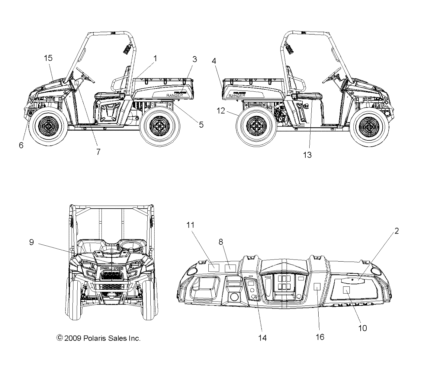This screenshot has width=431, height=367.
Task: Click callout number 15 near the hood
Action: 48,58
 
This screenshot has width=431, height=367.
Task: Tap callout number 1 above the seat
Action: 155,58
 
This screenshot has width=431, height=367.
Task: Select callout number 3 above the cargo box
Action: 195,59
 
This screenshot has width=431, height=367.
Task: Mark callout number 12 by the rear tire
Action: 221,111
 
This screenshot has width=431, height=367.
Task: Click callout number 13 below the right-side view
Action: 307,155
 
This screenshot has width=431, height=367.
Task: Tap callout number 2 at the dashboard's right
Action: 396,231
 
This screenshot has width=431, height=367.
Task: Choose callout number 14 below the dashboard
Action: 263,338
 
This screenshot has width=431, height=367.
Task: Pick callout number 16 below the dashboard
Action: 320,337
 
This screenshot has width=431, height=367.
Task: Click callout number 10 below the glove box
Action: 362,328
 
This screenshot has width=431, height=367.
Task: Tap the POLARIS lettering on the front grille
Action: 111,268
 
